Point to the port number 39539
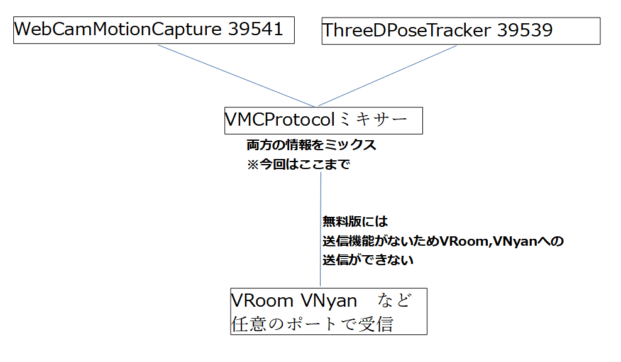point(524,30)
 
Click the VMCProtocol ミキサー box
point(323,119)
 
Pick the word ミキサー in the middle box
point(373,119)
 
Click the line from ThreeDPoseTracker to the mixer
point(383,74)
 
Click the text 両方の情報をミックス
point(311,145)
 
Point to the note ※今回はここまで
point(298,165)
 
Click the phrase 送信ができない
point(368,260)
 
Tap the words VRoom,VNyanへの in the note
point(501,241)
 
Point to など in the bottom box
point(395,301)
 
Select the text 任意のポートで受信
point(312,324)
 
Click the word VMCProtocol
point(280,119)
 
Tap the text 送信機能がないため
point(380,241)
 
